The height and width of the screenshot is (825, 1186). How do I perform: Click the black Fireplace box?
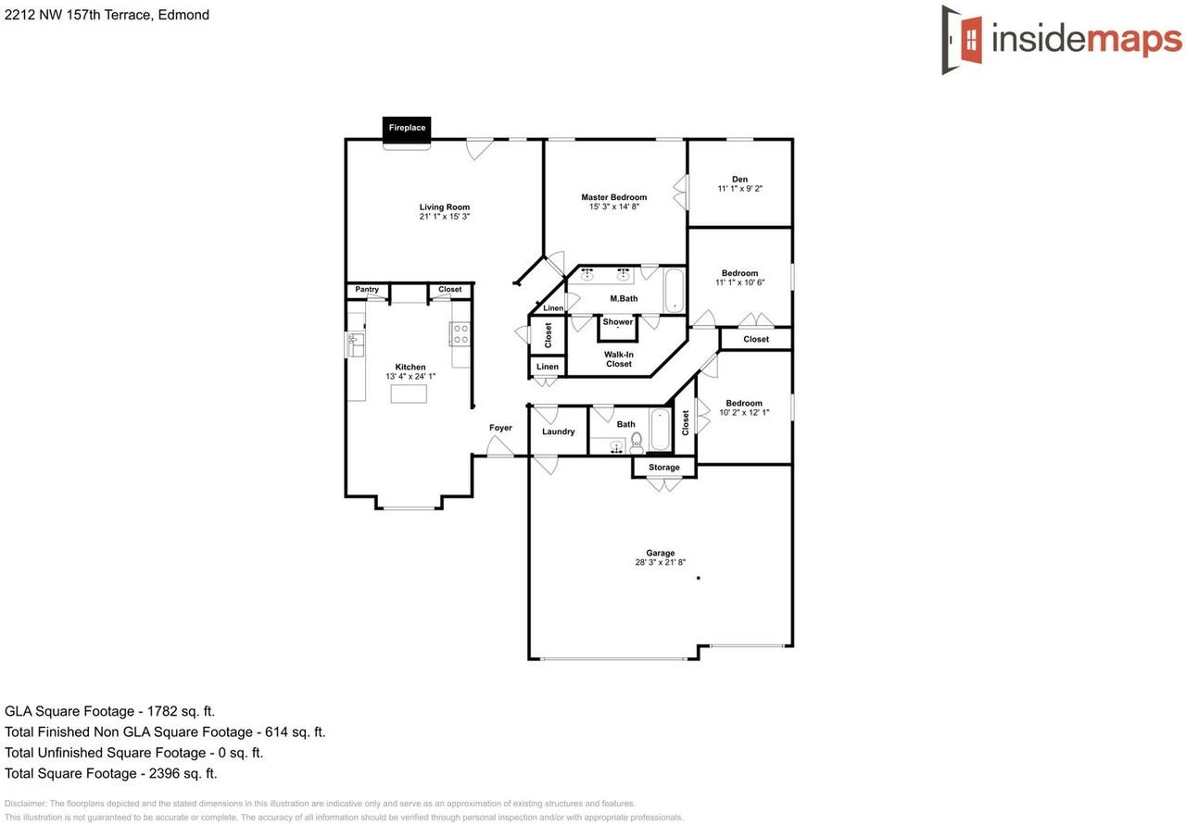click(x=407, y=128)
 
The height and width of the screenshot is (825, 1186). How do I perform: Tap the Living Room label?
click(x=445, y=207)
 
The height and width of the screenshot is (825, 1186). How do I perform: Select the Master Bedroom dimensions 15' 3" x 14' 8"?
click(x=614, y=207)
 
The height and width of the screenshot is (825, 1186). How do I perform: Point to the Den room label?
click(x=739, y=179)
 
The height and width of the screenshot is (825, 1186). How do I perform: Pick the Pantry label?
click(x=367, y=290)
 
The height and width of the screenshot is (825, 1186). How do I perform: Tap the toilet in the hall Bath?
click(x=637, y=444)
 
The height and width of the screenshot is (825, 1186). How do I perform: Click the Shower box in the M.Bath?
click(x=618, y=325)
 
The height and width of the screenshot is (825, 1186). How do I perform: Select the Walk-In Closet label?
click(x=619, y=359)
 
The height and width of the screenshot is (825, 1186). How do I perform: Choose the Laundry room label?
click(x=559, y=431)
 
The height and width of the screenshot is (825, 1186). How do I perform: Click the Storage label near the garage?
click(x=664, y=468)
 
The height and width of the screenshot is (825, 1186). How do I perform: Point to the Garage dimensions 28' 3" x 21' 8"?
click(x=661, y=563)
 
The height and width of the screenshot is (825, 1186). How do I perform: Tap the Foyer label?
click(x=500, y=428)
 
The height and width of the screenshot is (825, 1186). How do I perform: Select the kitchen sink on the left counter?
click(x=354, y=344)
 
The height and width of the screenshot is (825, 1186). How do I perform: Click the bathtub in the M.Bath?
click(x=674, y=291)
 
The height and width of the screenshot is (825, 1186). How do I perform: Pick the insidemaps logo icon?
click(x=964, y=39)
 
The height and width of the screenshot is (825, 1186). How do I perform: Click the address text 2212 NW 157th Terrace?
click(x=82, y=15)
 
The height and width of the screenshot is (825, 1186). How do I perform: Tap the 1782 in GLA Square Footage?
click(x=159, y=711)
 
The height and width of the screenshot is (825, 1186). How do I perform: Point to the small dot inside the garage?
click(x=699, y=578)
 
